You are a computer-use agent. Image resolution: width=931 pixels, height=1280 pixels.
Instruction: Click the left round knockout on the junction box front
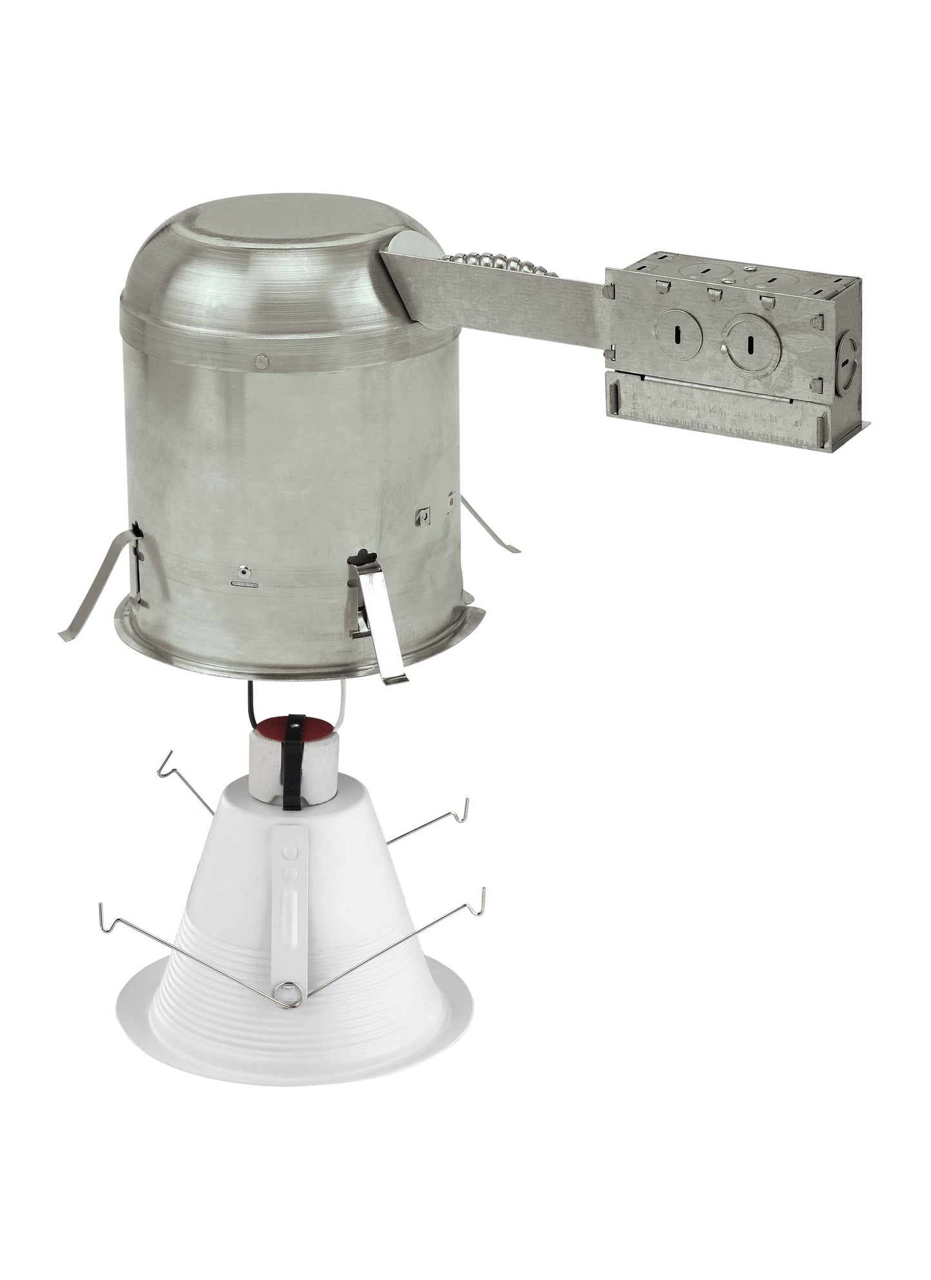pyautogui.click(x=678, y=336)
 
